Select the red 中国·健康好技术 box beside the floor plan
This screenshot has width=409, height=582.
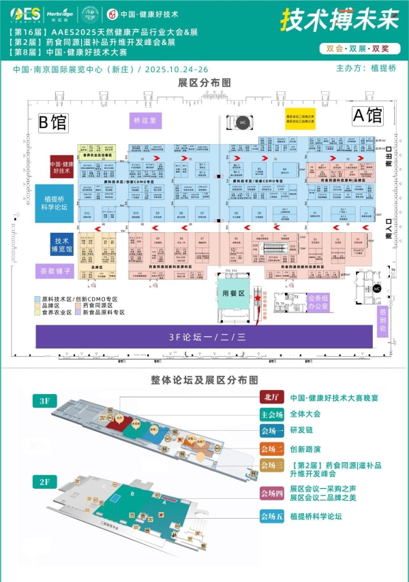point(61,167)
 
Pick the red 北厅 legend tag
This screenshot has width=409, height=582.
point(270,398)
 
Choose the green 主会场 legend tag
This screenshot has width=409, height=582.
point(270,414)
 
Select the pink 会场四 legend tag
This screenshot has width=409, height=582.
point(270,494)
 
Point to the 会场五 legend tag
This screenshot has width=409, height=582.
point(270,516)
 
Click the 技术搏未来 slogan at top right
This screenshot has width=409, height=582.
point(339,20)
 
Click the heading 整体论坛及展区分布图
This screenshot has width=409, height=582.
point(204,380)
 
